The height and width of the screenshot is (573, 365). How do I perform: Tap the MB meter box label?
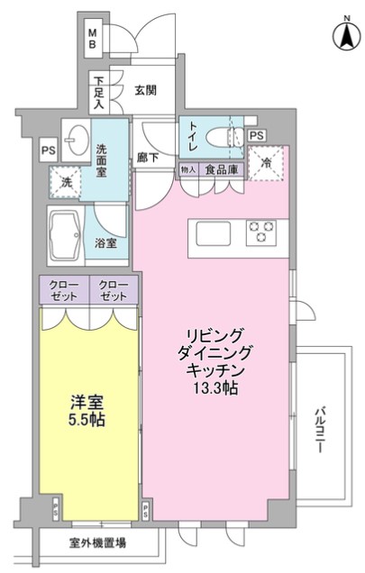pyautogui.click(x=93, y=40)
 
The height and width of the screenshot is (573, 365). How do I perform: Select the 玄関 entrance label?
pyautogui.click(x=146, y=89)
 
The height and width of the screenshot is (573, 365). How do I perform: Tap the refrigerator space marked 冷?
pyautogui.click(x=269, y=163)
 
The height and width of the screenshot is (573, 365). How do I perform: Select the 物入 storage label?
pyautogui.click(x=187, y=168)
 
